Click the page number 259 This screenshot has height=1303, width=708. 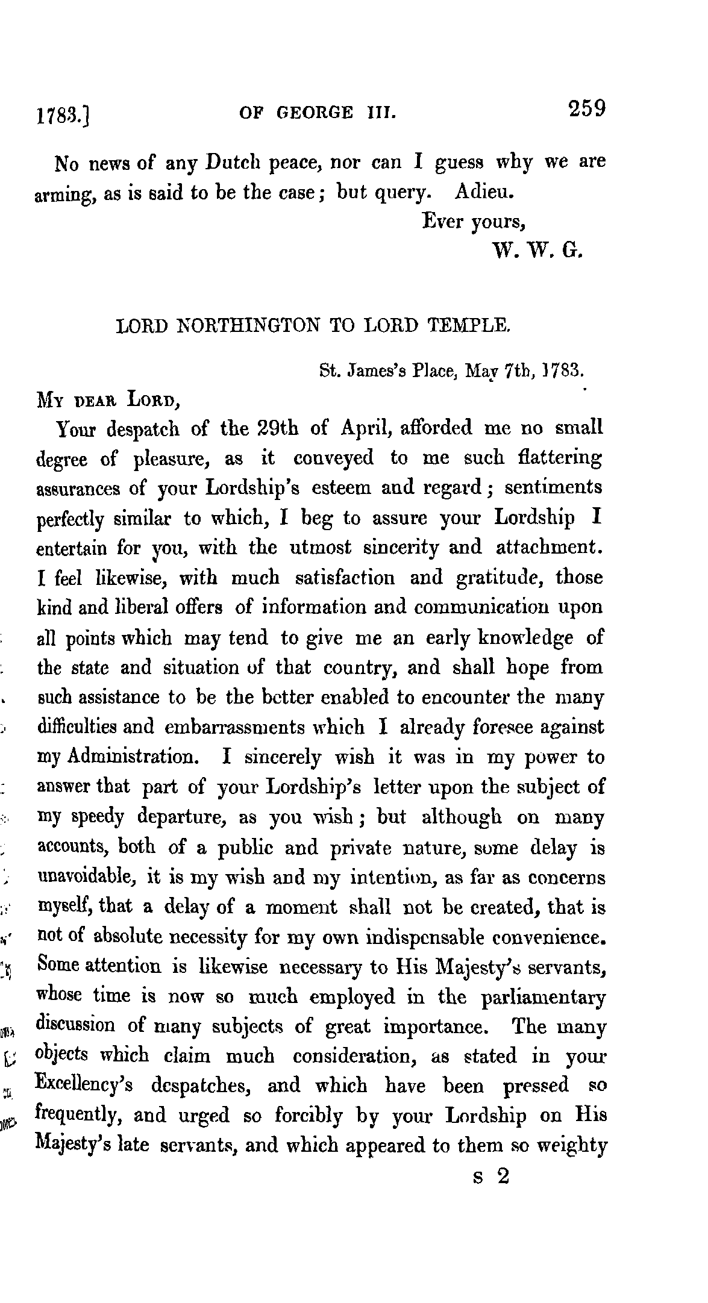click(x=585, y=110)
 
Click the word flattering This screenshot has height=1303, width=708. click(x=560, y=458)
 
